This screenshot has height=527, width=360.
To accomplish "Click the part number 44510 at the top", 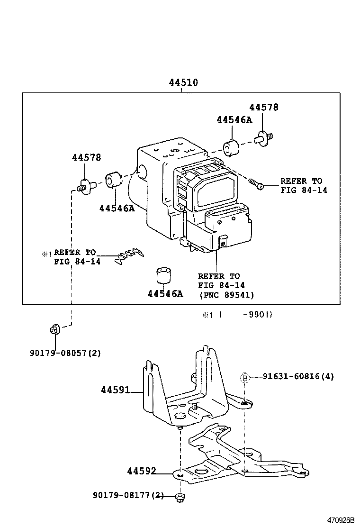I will click(183, 82).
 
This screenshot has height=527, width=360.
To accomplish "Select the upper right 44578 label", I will click(264, 108).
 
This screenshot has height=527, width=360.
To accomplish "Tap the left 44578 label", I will click(86, 158).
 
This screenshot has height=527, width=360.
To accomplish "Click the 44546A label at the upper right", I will click(234, 120).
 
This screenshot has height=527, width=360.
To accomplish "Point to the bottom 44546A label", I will click(165, 294).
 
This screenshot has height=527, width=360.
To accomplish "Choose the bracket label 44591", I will click(115, 391).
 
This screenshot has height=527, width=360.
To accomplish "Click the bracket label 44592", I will click(142, 472).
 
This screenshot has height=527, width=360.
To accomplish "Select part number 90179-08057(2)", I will click(65, 353).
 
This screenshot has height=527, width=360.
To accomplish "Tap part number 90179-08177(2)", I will click(128, 496).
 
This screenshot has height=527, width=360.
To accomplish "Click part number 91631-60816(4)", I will click(298, 377).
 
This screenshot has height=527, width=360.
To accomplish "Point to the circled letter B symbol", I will click(245, 378).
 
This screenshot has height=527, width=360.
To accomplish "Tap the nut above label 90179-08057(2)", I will click(54, 329).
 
